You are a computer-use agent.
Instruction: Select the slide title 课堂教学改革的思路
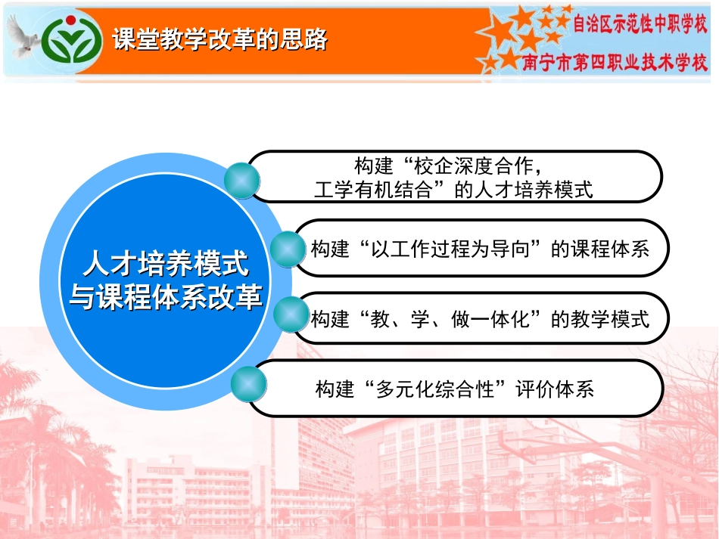pyautogui.click(x=219, y=40)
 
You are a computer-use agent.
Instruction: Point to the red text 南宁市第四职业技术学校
pyautogui.click(x=615, y=62)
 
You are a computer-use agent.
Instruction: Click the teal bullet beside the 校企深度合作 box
pyautogui.click(x=242, y=181)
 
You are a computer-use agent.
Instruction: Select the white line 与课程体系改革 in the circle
pyautogui.click(x=166, y=296)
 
